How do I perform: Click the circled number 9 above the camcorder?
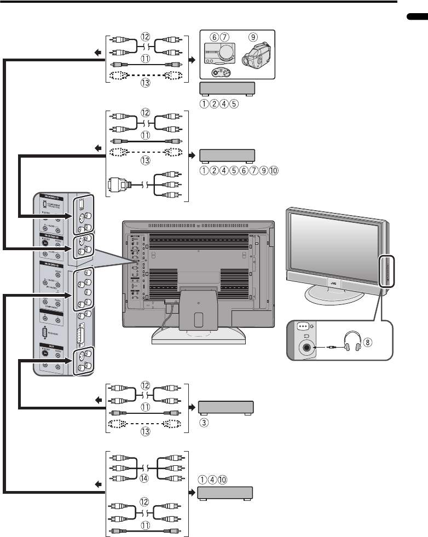pos(253,37)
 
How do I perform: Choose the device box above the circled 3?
pos(225,408)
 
